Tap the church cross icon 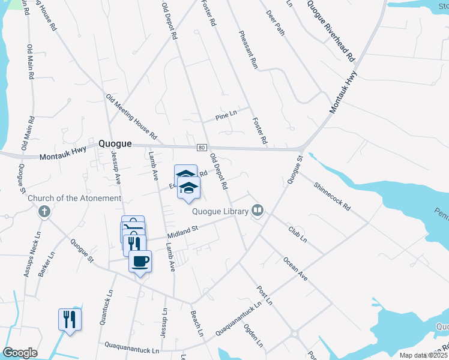[x=43, y=211]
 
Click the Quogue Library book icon [x=258, y=210]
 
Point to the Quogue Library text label [x=220, y=211]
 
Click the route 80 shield [x=201, y=148]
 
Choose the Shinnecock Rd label [x=331, y=195]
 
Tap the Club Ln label [x=297, y=234]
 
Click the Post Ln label [x=265, y=295]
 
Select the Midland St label [x=182, y=230]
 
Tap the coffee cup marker [x=140, y=262]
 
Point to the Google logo [x=20, y=353]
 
